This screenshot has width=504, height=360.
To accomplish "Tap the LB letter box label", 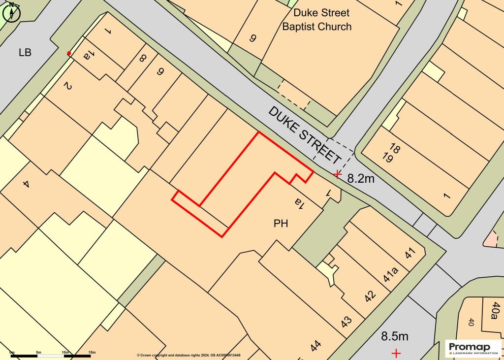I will (25, 52).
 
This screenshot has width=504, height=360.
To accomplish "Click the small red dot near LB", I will (69, 53).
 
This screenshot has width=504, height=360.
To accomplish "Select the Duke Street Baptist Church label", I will (316, 19).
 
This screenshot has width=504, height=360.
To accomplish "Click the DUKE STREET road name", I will (305, 135).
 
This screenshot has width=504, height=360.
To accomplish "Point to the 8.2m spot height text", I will (361, 179).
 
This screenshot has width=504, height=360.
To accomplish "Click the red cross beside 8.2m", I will (337, 174).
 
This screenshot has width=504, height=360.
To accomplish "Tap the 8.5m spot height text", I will (395, 336).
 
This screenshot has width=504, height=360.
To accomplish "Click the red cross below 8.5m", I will (396, 353).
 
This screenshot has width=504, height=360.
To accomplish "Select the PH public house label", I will (280, 224).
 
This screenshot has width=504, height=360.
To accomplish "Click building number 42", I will (370, 295).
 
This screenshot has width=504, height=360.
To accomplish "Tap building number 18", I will (394, 148).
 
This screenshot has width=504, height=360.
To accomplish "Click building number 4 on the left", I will (26, 184).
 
